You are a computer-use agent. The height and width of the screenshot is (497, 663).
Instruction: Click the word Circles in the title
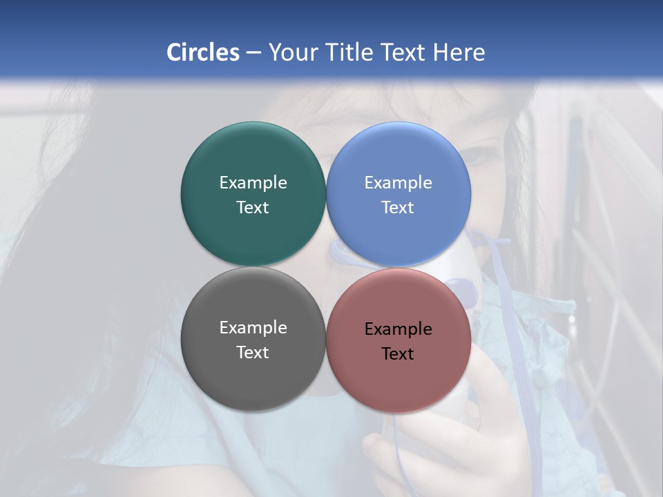202,52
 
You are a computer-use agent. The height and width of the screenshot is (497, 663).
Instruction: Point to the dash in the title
253,53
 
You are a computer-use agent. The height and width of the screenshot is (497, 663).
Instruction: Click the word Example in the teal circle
253,183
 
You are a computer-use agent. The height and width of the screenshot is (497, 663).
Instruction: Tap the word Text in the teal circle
253,207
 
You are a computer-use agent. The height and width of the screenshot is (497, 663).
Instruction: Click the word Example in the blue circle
398,183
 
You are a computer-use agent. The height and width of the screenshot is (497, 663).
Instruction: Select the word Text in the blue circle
398,207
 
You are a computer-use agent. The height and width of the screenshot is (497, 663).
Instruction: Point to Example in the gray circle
253,328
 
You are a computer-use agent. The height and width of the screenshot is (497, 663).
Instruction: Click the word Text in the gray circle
253,352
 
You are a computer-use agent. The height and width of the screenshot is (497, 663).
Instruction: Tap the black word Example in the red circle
398,329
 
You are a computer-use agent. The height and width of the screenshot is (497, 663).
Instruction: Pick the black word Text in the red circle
398,353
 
